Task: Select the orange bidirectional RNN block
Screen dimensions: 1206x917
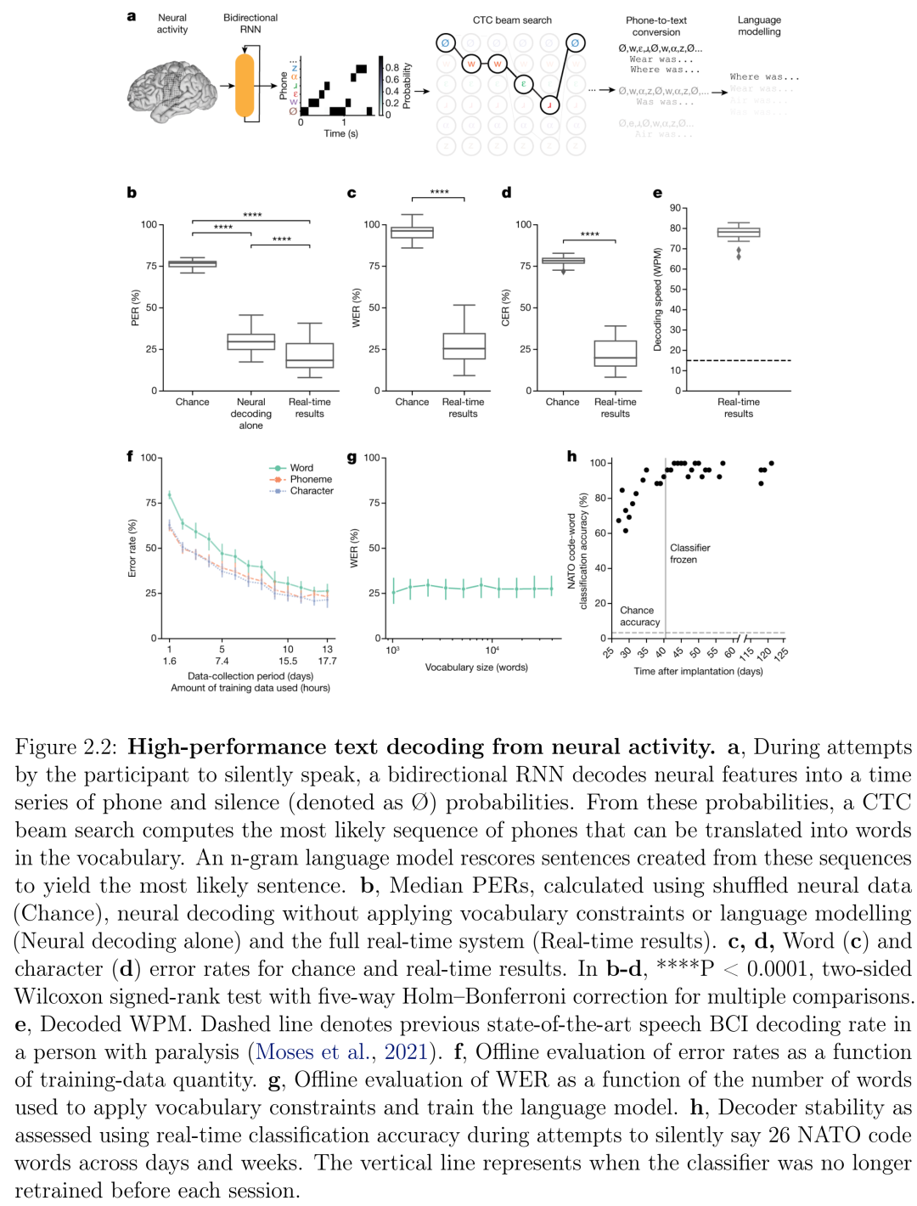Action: pos(245,85)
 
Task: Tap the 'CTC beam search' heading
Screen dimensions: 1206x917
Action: pos(512,20)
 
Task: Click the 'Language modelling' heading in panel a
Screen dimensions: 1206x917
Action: pos(759,25)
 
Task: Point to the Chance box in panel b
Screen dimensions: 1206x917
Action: pos(192,264)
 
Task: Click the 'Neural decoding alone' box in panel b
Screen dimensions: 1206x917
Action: pos(251,341)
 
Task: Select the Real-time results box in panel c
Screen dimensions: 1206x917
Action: pos(464,346)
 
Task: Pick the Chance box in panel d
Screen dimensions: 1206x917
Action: pos(563,261)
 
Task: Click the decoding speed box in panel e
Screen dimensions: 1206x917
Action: pos(739,232)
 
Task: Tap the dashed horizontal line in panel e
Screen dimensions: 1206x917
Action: pos(739,361)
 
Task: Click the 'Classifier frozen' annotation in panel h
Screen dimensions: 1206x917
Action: pos(689,554)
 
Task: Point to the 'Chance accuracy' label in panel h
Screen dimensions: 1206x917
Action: pos(639,617)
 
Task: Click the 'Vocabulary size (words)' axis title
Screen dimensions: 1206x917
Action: pos(476,668)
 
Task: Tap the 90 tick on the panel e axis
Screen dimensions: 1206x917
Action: pos(675,208)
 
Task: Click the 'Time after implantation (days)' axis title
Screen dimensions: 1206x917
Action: pos(698,671)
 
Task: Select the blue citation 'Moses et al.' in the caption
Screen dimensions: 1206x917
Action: pos(313,1052)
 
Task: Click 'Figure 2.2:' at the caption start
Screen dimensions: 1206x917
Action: pos(67,747)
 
